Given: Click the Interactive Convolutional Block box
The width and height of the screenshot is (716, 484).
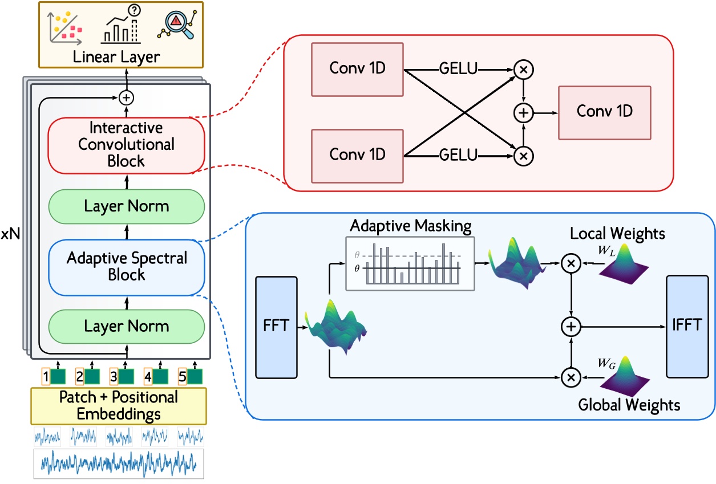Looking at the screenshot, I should click(x=127, y=144).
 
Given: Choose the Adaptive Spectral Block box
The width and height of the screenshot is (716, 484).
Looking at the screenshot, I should click(x=127, y=266).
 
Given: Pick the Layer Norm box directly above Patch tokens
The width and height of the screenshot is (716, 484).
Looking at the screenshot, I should click(x=127, y=327).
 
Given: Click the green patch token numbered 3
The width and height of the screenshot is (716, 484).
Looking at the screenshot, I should click(x=127, y=376).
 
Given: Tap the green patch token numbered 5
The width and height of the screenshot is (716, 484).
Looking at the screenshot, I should click(x=195, y=376).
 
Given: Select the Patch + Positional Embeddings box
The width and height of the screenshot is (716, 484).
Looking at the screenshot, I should click(x=119, y=405).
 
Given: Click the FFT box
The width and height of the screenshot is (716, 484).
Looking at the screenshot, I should click(x=277, y=327).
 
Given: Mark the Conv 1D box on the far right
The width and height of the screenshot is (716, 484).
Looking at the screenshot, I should click(x=604, y=113).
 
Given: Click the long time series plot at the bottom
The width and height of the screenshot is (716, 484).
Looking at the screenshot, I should click(x=119, y=462).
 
